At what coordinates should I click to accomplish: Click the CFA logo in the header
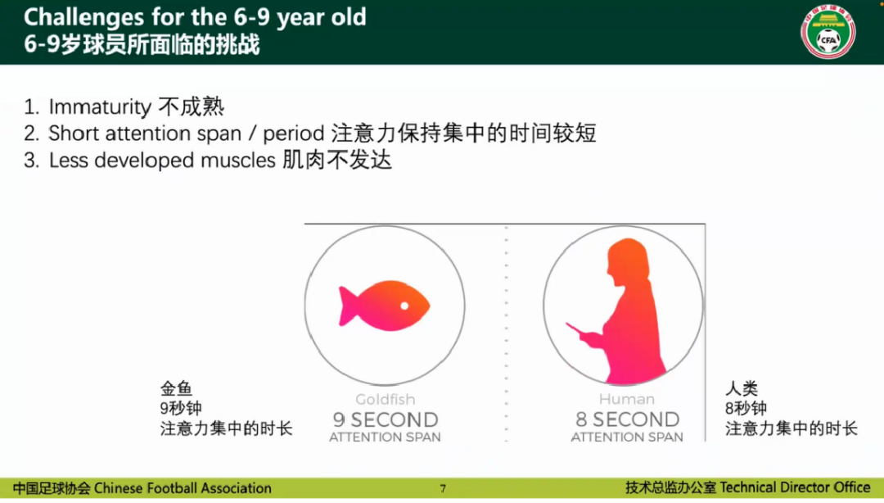(828, 32)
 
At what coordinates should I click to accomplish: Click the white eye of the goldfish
(404, 306)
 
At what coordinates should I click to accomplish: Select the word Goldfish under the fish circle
(385, 400)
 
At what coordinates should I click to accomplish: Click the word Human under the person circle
(627, 400)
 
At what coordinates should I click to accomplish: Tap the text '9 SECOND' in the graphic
(385, 419)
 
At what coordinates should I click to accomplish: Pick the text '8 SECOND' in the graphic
(627, 419)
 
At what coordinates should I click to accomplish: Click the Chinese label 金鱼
(176, 388)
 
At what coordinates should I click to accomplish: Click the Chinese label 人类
(742, 388)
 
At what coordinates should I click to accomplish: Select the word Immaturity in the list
(100, 107)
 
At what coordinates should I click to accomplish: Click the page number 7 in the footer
(443, 489)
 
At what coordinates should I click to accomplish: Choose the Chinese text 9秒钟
(181, 408)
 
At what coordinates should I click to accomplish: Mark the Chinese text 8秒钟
(746, 408)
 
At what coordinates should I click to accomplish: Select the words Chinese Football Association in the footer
(183, 488)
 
